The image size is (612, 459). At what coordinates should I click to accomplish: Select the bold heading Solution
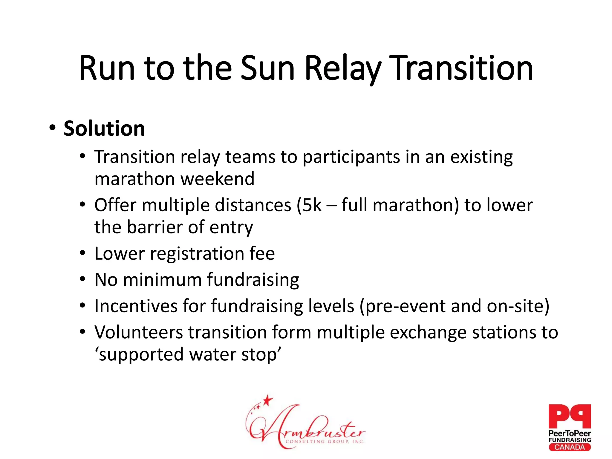(x=104, y=128)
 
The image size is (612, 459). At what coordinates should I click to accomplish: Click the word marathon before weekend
(x=134, y=179)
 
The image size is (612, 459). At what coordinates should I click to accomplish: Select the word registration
(x=197, y=254)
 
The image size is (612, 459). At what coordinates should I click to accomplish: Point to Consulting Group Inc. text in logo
(x=325, y=442)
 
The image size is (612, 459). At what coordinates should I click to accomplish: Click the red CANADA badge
(x=569, y=447)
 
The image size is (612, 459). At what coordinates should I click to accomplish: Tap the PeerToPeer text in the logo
(x=569, y=433)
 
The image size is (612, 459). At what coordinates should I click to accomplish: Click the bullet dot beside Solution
(x=53, y=128)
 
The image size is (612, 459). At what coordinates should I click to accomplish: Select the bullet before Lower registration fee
(x=83, y=253)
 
